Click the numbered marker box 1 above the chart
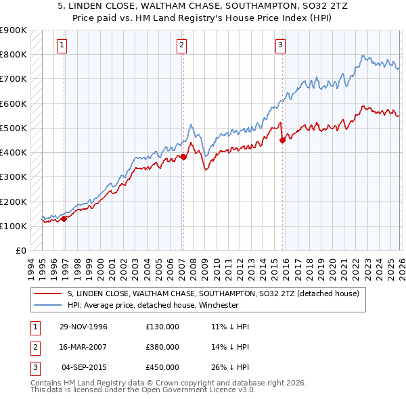[x=62, y=45]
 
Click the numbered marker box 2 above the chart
[x=182, y=45]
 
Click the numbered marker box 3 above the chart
[x=280, y=45]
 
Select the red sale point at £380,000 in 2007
[x=183, y=157]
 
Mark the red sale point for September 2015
[x=281, y=140]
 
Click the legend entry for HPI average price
[x=152, y=305]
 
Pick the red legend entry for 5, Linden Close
[x=217, y=294]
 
